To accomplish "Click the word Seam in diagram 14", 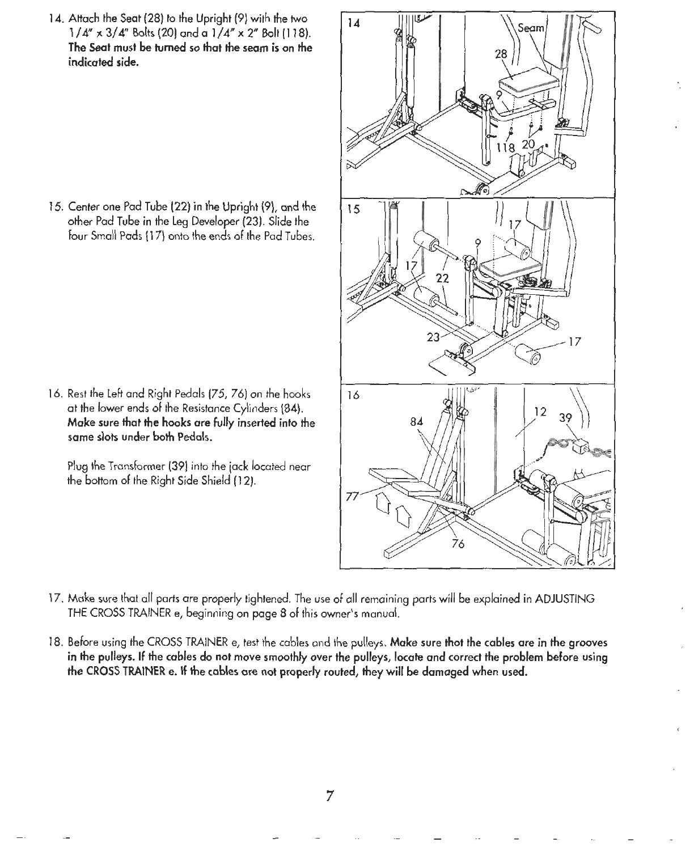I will (x=532, y=29).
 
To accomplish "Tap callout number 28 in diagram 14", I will (x=500, y=54).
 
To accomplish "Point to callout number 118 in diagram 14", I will (x=506, y=148).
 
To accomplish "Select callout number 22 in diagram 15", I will (x=443, y=278).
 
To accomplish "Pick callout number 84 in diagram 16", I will (x=416, y=421).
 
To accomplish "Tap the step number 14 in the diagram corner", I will (x=353, y=23).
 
